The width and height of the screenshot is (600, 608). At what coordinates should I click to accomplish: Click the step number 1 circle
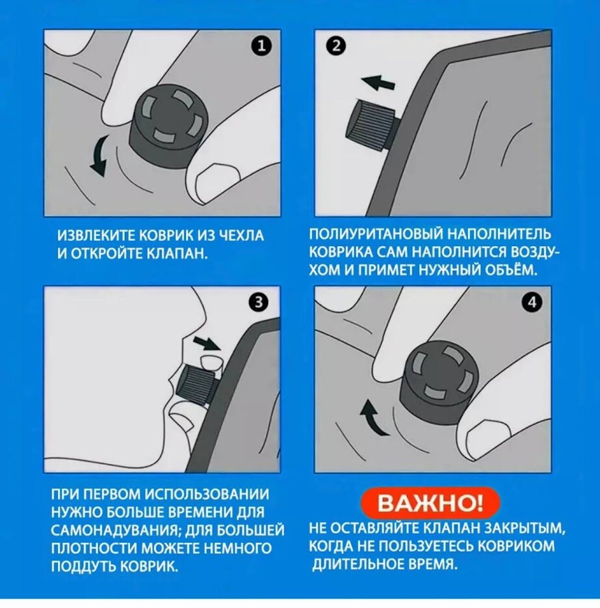point(262,46)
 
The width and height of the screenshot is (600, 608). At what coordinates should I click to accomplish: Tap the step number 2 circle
point(335,46)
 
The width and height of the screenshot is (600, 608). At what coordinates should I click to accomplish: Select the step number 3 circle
point(259,302)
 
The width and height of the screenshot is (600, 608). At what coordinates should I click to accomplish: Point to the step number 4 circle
point(532,302)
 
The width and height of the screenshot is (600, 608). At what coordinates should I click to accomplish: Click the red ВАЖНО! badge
point(430,503)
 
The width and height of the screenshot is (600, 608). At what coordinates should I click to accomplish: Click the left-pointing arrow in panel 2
point(378,82)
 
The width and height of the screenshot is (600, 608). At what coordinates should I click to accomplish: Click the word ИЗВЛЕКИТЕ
point(96,236)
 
